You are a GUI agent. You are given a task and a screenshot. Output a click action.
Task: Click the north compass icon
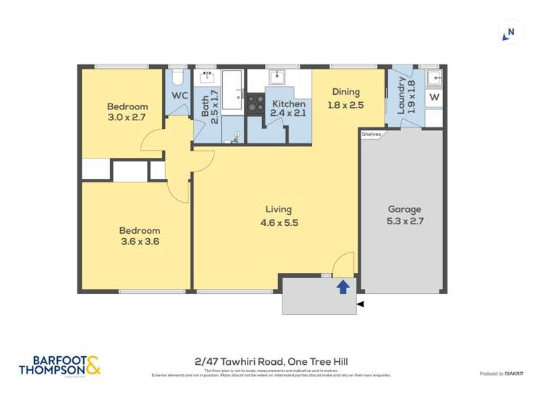[510, 31]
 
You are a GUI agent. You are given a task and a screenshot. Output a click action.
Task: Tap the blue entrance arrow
[343, 287]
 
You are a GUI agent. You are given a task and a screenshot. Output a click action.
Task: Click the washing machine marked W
[434, 97]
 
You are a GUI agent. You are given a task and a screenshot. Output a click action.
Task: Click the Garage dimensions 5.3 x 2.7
[404, 221]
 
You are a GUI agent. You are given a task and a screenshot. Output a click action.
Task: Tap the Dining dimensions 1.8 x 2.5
[346, 105]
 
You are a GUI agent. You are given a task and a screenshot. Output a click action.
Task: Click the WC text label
[180, 96]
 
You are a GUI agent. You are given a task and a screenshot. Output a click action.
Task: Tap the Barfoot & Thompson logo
[59, 366]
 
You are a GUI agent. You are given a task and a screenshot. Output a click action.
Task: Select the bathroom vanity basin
[206, 77]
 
